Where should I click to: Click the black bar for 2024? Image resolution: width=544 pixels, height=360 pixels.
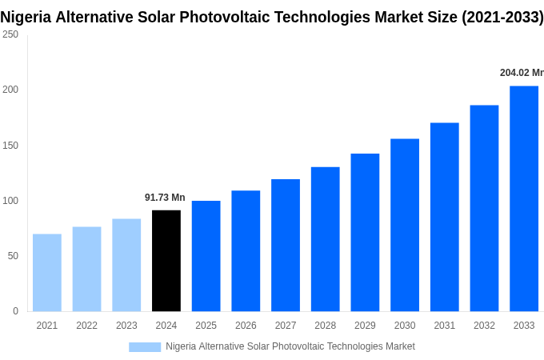(166, 261)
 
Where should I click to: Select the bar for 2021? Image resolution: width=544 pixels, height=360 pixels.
(47, 273)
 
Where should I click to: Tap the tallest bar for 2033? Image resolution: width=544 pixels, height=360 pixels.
(524, 198)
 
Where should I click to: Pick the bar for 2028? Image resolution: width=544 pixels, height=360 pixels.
(326, 239)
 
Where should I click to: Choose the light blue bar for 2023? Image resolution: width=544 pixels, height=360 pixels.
(126, 265)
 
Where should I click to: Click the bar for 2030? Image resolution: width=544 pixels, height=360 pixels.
(405, 225)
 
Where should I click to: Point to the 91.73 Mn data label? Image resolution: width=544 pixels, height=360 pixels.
(165, 198)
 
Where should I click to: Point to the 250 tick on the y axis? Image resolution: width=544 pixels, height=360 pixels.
(10, 34)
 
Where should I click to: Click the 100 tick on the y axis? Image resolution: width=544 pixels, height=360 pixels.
(10, 201)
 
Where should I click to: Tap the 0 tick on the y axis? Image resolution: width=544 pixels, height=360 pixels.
(15, 311)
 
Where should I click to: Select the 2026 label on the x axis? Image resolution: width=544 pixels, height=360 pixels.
(246, 326)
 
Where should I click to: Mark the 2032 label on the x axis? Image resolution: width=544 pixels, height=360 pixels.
(484, 326)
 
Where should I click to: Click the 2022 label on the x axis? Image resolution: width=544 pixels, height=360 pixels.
(86, 326)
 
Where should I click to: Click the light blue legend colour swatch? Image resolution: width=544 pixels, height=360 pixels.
(145, 347)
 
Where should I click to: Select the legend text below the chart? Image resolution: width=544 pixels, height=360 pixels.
(290, 346)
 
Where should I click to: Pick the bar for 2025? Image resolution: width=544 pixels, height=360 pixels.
(206, 256)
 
